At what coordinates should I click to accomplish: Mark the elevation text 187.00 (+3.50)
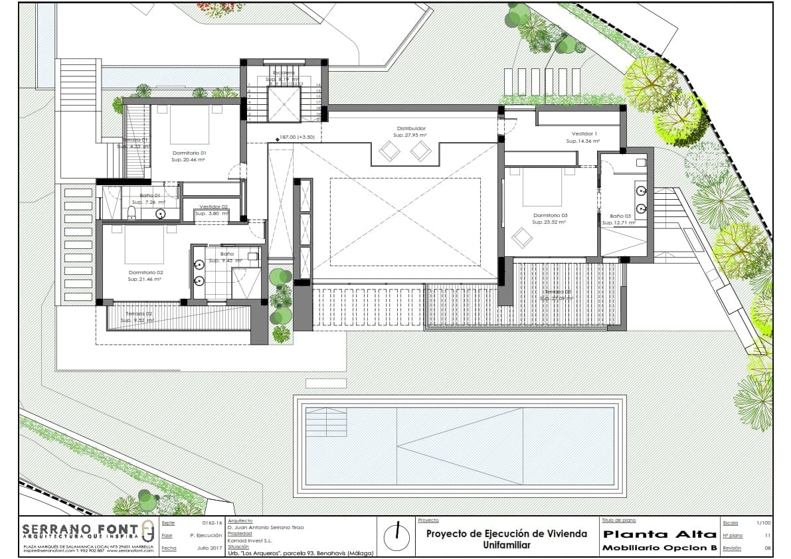[297, 137]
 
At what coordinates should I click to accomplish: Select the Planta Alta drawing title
[659, 534]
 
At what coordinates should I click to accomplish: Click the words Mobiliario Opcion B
[659, 548]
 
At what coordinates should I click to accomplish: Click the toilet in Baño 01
[132, 213]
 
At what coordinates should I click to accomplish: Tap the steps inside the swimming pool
[326, 420]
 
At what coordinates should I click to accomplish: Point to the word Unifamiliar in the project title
[506, 545]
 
